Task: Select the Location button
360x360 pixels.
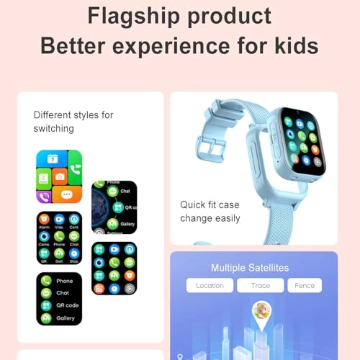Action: point(210,286)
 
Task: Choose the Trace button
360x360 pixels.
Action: point(260,286)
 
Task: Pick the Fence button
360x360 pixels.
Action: point(305,286)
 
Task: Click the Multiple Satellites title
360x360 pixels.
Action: point(250,268)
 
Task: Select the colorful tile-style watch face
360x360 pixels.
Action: point(59,176)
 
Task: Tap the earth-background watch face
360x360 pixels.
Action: point(114,207)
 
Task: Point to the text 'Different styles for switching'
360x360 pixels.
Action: point(73,120)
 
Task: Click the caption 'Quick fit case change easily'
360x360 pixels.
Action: point(210,211)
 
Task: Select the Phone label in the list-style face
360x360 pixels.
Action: point(65,281)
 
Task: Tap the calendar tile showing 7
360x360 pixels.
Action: point(52,158)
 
